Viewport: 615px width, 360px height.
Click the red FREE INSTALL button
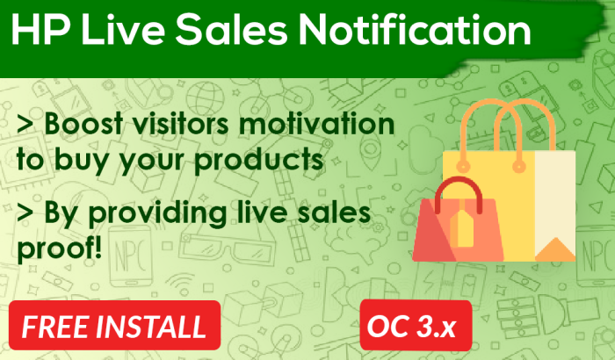(114, 325)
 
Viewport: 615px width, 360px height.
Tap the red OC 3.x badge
(416, 325)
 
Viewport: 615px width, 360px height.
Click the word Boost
(83, 124)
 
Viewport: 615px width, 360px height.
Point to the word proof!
(60, 249)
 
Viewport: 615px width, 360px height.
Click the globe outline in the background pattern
(205, 98)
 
